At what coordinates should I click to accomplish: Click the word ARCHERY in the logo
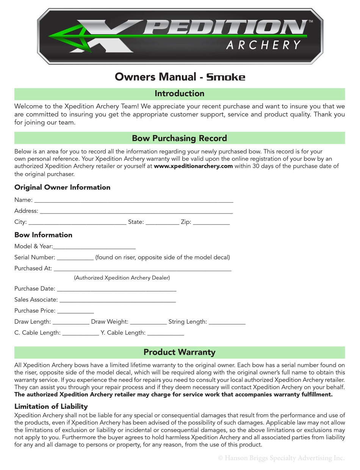[x=263, y=45]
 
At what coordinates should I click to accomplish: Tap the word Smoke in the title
[x=226, y=77]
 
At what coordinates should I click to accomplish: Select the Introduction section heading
[x=179, y=94]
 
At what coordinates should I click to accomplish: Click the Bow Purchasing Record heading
[x=179, y=138]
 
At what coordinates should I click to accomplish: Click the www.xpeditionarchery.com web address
[x=193, y=166]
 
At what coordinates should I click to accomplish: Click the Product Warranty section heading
[x=179, y=352]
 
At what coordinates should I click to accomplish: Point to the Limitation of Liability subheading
[x=51, y=406]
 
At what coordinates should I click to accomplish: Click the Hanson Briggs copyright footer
[x=281, y=458]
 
